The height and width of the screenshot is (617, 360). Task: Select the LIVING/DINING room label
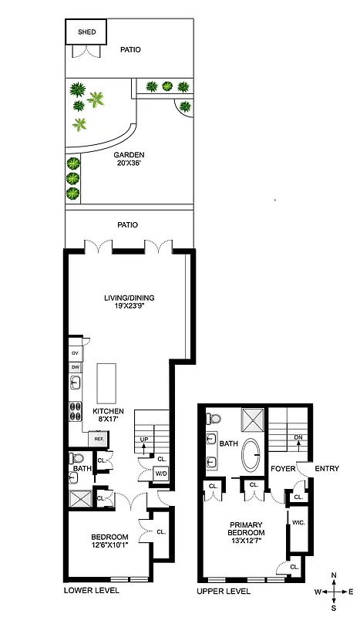point(127,299)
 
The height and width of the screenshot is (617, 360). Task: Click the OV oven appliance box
point(76,352)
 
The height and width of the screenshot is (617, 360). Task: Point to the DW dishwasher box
point(76,367)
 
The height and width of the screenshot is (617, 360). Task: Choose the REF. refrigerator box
point(99,438)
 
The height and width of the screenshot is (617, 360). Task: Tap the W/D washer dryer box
point(160,474)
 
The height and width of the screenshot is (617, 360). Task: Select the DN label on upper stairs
point(298,437)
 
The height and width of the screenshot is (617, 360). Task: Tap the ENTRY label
point(327,467)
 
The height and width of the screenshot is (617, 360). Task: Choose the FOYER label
point(281,467)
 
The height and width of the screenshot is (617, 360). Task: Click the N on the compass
point(333,575)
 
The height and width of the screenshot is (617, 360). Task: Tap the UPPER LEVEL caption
point(224,592)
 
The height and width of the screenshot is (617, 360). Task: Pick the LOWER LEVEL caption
point(91,590)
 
